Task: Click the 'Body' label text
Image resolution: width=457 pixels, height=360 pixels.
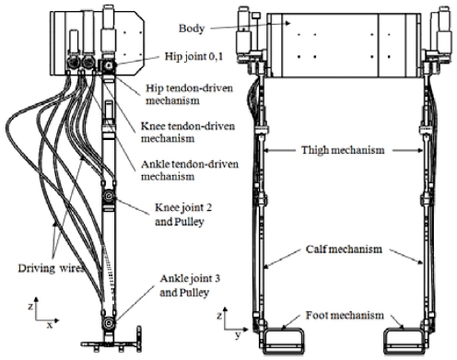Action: (192, 29)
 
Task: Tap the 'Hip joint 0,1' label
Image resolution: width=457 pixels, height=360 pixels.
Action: (194, 57)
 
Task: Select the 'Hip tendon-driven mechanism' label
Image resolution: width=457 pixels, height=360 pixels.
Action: (189, 95)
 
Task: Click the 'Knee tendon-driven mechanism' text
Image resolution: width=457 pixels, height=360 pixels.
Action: (188, 133)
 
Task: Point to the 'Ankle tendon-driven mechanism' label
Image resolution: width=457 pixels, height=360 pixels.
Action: (190, 170)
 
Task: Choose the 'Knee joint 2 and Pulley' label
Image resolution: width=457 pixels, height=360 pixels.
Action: (183, 215)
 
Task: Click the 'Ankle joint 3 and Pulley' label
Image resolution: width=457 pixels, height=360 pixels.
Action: (190, 285)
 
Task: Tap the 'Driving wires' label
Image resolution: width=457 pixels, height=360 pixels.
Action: (51, 268)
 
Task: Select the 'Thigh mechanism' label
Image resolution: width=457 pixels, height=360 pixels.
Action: (343, 150)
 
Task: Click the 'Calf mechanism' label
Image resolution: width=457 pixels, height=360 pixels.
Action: (344, 249)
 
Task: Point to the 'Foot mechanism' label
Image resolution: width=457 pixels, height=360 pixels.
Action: (345, 315)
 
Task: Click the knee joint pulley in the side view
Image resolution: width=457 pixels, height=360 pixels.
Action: (109, 195)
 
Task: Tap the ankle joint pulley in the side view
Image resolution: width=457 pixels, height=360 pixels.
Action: (109, 322)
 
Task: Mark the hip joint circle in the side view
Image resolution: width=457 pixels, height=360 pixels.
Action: (109, 65)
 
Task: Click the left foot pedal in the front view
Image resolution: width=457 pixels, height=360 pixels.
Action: (284, 340)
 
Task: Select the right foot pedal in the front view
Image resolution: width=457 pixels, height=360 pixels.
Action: (405, 340)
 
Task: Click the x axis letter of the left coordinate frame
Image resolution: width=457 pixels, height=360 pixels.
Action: (50, 325)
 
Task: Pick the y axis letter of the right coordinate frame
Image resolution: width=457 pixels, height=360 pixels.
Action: (238, 335)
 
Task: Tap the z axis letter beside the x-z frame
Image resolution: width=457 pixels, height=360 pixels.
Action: (30, 307)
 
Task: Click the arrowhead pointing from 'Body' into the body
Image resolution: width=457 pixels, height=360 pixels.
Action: (287, 23)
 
